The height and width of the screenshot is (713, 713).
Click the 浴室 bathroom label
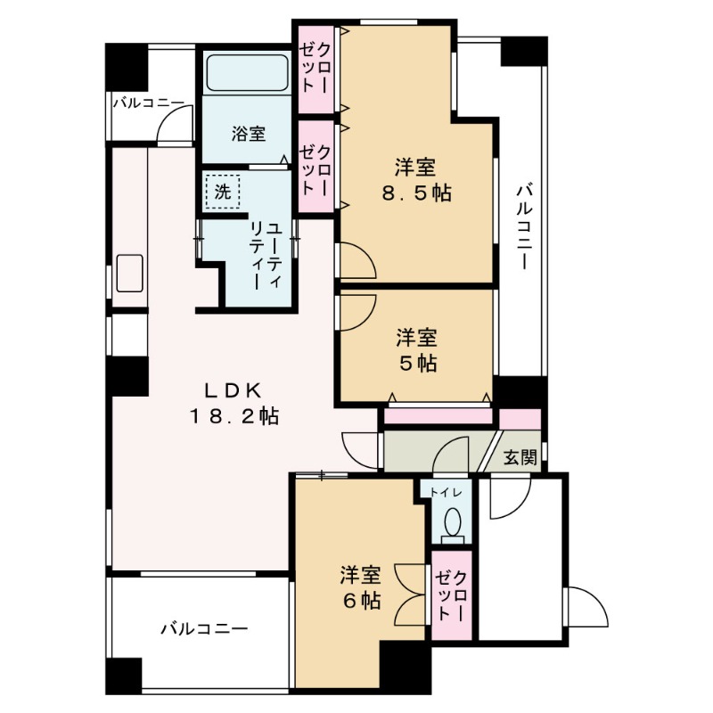click(249, 135)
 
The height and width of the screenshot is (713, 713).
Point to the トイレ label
click(446, 492)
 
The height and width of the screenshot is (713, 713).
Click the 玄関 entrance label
click(520, 458)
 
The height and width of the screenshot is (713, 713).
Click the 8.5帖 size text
click(415, 193)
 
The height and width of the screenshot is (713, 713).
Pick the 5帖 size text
click(416, 363)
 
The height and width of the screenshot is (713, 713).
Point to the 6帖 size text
click(360, 600)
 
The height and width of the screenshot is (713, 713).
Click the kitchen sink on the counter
click(130, 274)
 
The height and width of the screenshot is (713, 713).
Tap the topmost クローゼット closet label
click(316, 68)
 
